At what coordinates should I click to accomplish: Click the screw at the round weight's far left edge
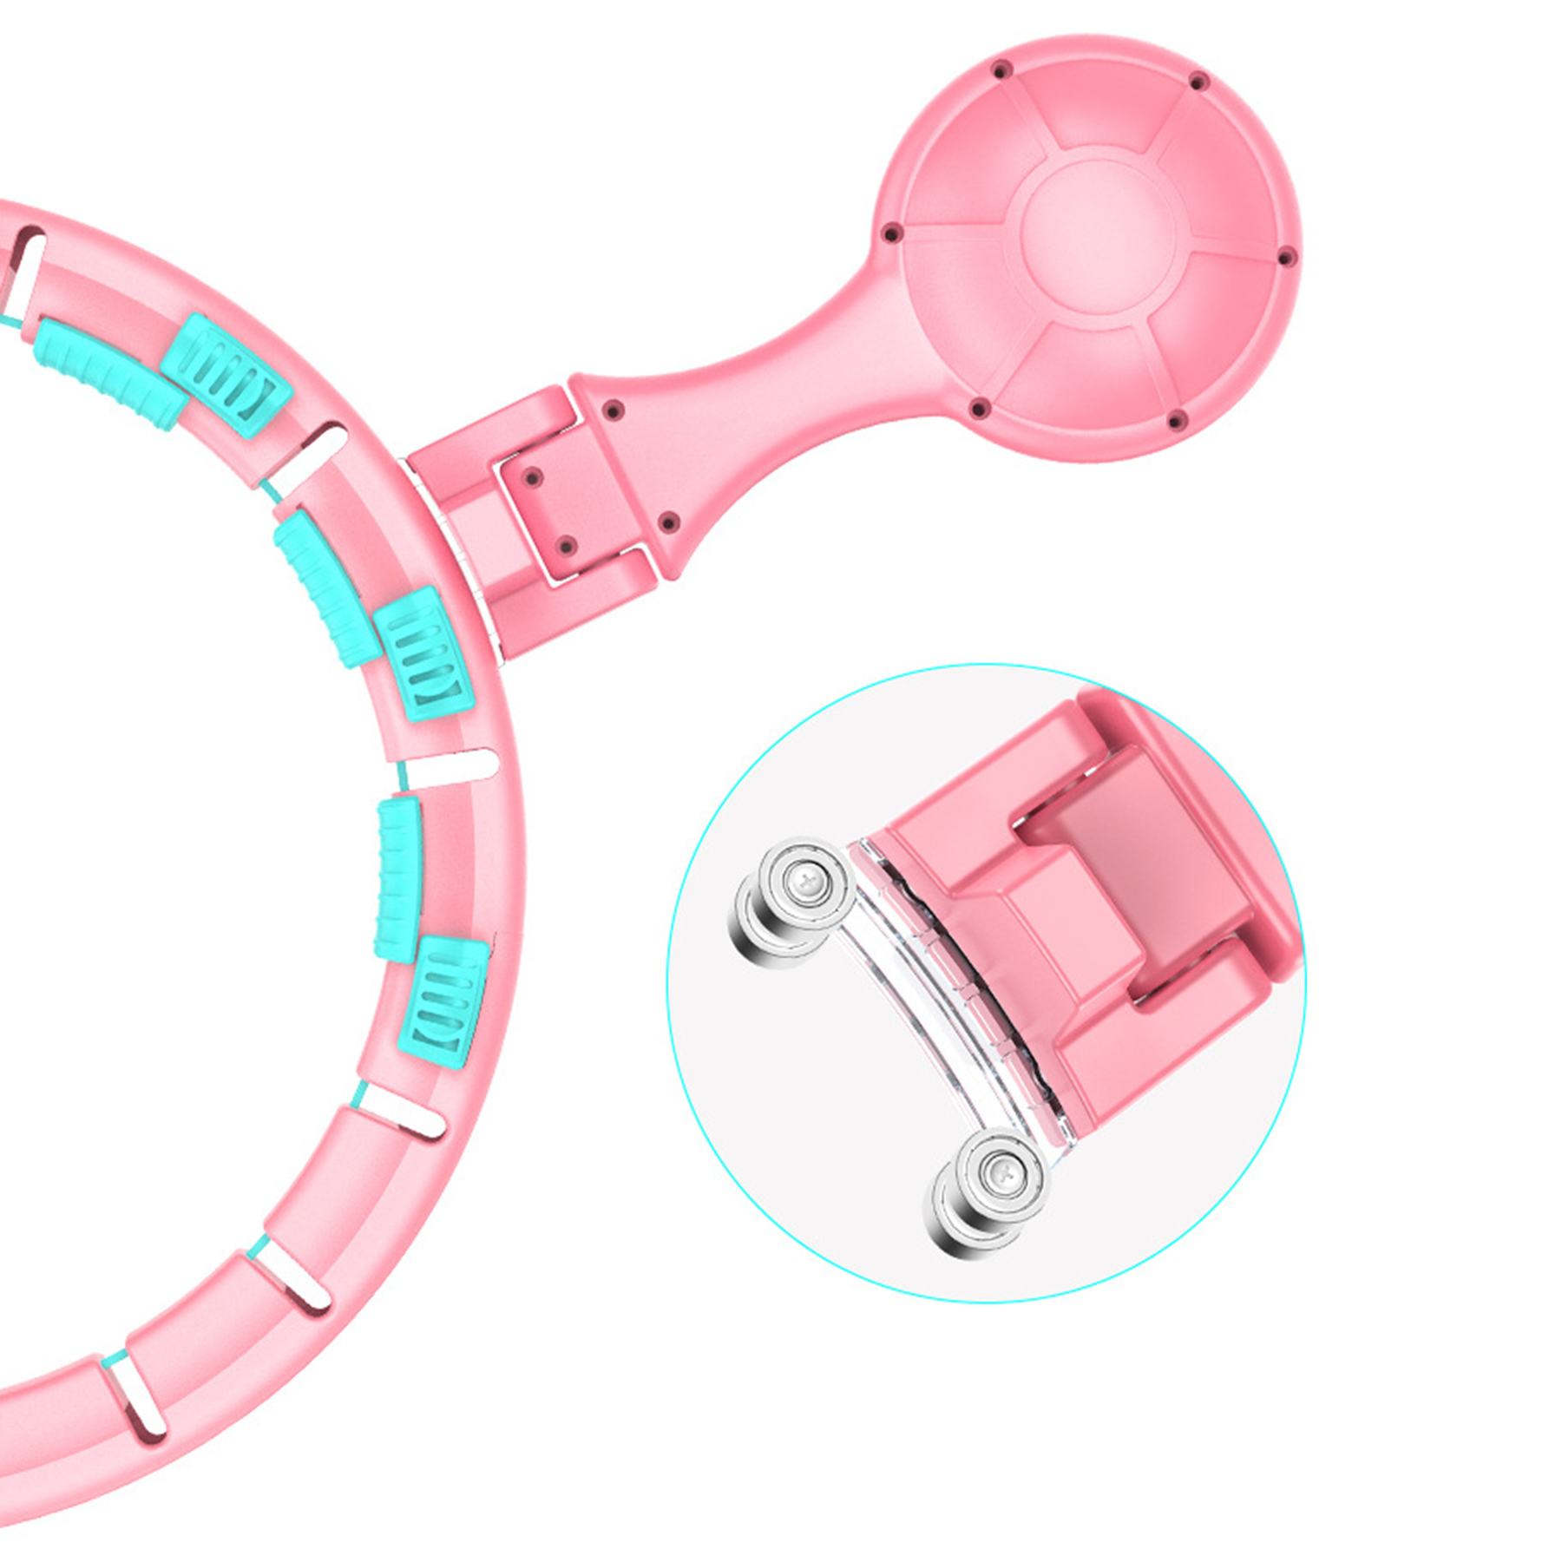889,233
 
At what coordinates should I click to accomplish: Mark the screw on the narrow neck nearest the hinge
613,408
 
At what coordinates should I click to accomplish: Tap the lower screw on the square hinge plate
566,545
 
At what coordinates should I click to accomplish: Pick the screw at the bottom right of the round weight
1177,422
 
